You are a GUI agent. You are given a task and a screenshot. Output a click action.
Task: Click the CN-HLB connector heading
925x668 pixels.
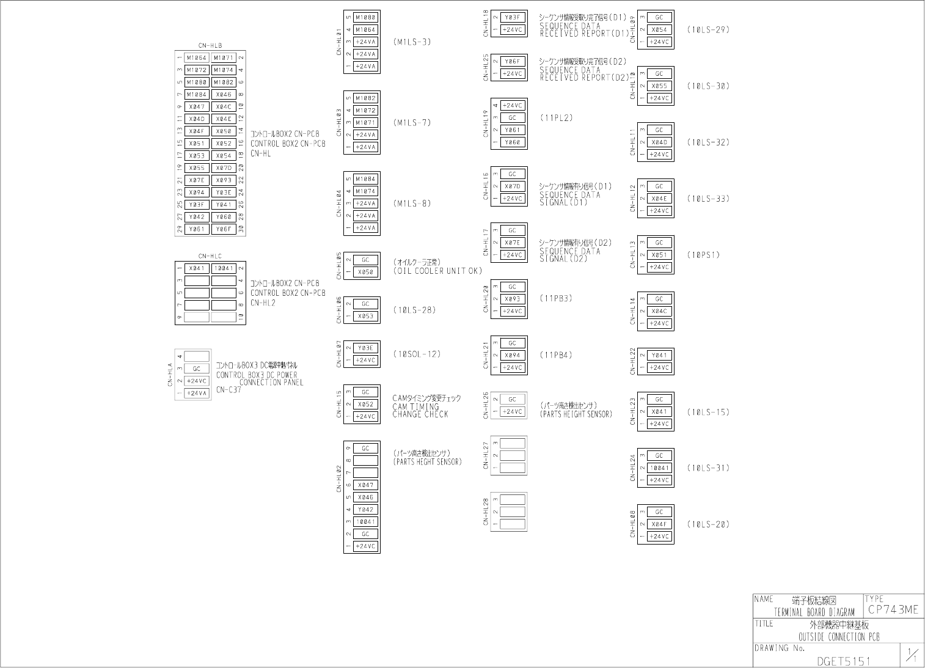(x=210, y=45)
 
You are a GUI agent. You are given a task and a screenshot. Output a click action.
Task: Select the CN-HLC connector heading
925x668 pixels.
(x=210, y=256)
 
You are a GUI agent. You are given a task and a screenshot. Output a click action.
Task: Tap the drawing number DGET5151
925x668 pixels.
(x=843, y=661)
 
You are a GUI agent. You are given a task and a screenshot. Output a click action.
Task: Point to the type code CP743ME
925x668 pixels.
(x=893, y=609)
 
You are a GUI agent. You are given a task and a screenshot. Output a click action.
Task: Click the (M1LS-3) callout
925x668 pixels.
(x=412, y=42)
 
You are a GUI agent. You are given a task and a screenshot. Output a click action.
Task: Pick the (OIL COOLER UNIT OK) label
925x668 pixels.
(x=437, y=271)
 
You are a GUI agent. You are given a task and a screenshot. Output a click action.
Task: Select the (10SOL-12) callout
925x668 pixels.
(x=417, y=354)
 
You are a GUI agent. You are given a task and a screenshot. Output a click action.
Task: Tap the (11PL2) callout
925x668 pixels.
(x=556, y=118)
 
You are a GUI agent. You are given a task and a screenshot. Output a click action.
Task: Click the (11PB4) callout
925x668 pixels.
(x=556, y=355)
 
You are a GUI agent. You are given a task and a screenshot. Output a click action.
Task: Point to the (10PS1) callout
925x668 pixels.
(x=703, y=255)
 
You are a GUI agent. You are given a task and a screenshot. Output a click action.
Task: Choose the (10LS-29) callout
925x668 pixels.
(x=708, y=29)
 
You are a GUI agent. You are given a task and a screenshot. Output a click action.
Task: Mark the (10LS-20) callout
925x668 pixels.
(x=708, y=524)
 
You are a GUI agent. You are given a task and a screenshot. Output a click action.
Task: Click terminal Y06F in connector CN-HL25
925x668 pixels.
(x=513, y=62)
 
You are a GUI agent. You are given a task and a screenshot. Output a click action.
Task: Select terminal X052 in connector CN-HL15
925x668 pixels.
(x=365, y=405)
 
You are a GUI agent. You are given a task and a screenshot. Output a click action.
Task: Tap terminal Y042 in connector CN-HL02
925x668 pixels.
(x=365, y=510)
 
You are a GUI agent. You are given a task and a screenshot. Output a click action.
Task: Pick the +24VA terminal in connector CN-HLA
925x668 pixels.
(x=197, y=394)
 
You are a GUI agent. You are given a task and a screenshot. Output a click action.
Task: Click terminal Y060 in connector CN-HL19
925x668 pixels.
(x=513, y=142)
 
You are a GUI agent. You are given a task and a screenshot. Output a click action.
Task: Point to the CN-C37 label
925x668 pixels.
(x=229, y=390)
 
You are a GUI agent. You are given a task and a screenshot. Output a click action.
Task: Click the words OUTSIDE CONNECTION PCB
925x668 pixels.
(x=839, y=637)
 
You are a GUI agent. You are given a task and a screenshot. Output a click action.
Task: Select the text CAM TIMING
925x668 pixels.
(x=415, y=406)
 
